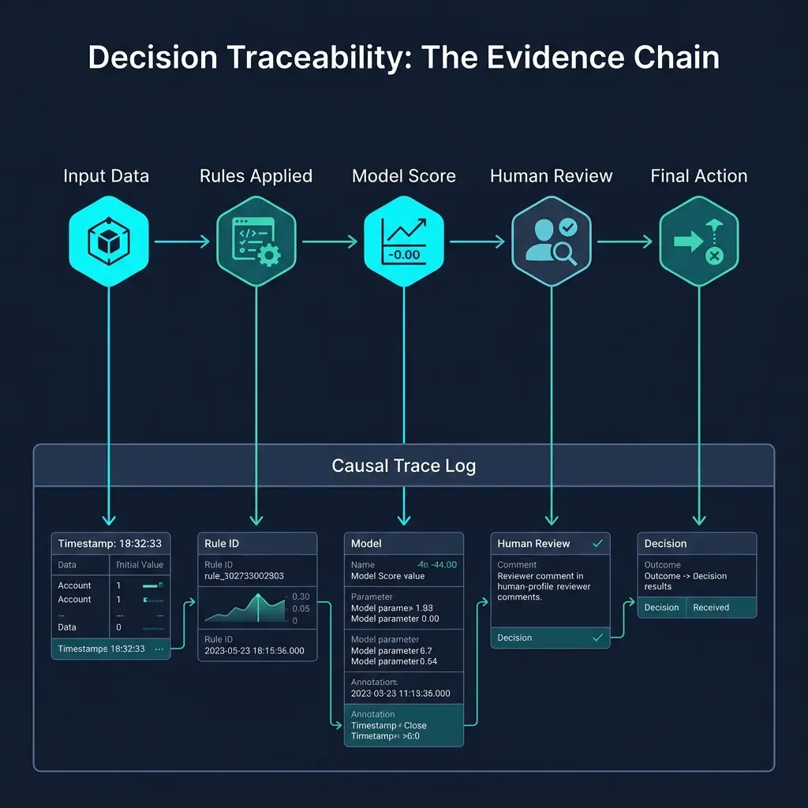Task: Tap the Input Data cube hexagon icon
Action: coord(108,240)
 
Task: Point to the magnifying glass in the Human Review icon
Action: coord(565,252)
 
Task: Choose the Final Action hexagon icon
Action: coord(698,240)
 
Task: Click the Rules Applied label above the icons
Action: coord(256,176)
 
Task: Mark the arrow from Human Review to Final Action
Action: coord(625,241)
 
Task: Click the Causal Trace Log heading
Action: coord(403,466)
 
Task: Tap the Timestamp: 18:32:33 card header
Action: coord(110,544)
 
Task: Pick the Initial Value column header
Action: coord(140,565)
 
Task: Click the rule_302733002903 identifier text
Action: coord(244,576)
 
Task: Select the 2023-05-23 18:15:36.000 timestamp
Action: coord(254,652)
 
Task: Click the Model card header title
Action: coord(366,544)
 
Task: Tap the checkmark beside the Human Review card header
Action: coord(597,543)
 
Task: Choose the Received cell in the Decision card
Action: coord(711,608)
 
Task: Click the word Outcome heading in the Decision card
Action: coord(662,565)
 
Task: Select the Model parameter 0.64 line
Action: coord(394,661)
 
